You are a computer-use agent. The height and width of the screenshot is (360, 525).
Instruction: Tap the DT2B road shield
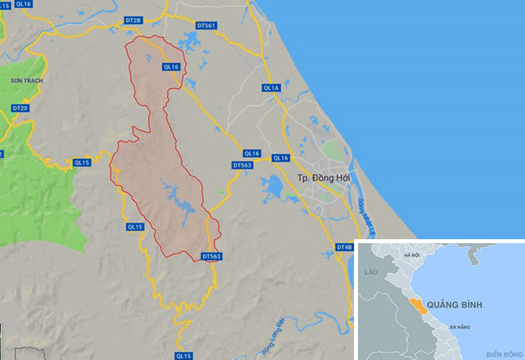pyautogui.click(x=133, y=20)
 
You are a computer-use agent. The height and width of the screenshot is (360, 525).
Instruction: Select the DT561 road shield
pyautogui.click(x=205, y=25)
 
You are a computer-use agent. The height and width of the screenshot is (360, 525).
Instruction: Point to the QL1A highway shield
pyautogui.click(x=272, y=87)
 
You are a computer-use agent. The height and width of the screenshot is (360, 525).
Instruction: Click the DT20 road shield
pyautogui.click(x=20, y=107)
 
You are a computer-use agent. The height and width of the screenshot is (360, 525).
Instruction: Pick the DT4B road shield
pyautogui.click(x=344, y=247)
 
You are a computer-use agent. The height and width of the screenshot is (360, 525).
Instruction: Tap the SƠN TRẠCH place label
pyautogui.click(x=25, y=81)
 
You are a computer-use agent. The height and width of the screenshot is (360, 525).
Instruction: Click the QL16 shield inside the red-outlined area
pyautogui.click(x=172, y=67)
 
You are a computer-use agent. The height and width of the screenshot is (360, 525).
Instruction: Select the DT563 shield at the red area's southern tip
pyautogui.click(x=211, y=256)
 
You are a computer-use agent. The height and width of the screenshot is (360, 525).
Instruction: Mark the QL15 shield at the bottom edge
pyautogui.click(x=184, y=355)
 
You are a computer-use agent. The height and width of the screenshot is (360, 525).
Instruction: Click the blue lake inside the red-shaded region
pyautogui.click(x=179, y=195)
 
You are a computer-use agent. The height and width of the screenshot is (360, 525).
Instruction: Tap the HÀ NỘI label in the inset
pyautogui.click(x=411, y=255)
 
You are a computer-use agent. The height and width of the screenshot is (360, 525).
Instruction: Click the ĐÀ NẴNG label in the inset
pyautogui.click(x=460, y=327)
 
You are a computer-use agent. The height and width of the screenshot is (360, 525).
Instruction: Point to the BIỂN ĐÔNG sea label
pyautogui.click(x=502, y=352)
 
